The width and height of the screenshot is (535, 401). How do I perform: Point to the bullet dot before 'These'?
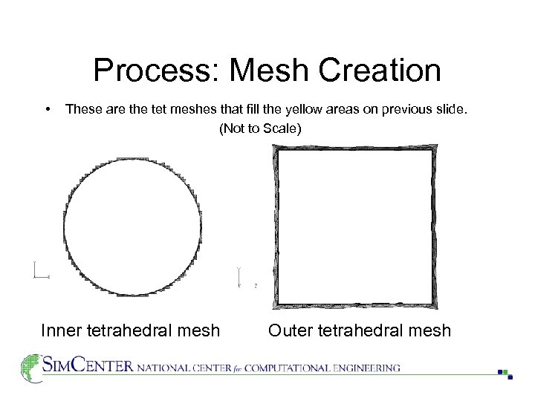(x=48, y=109)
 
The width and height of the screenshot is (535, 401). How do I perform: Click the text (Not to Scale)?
(x=260, y=128)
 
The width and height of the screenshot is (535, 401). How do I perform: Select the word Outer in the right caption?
(x=291, y=330)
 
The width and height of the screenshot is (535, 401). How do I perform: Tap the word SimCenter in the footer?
(x=88, y=366)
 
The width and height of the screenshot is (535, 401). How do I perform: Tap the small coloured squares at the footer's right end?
(x=505, y=374)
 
